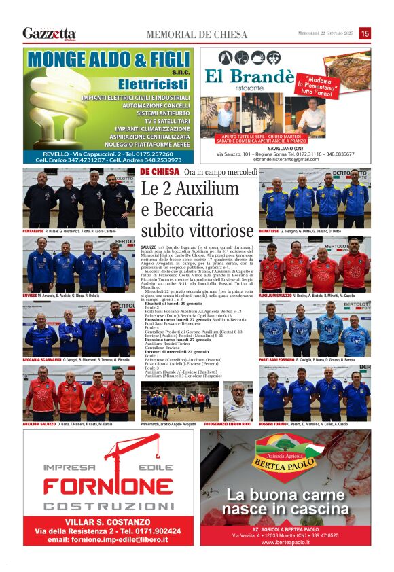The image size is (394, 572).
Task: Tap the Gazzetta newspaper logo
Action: (x=49, y=33)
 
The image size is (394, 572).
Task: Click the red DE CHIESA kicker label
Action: (x=160, y=173)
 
